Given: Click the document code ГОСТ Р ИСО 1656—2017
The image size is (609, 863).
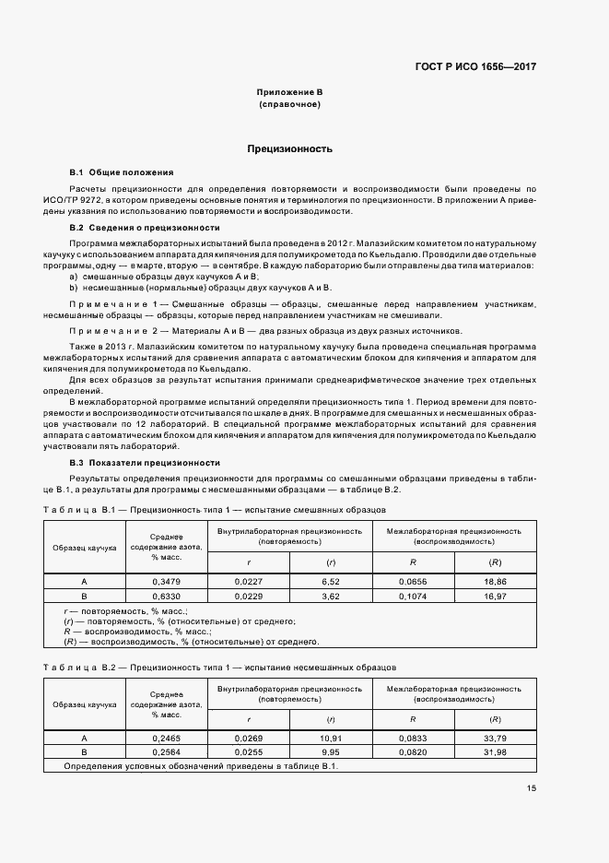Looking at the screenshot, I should [x=475, y=67].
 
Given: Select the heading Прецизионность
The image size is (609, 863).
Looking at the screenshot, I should [x=289, y=148].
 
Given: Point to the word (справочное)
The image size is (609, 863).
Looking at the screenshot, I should [x=289, y=106].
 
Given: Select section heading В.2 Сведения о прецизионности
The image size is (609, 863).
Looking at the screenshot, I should [x=145, y=227].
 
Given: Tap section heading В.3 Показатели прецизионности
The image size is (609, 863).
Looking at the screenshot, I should [x=145, y=462].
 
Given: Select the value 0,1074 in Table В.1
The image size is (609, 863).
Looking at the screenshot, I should [x=414, y=597].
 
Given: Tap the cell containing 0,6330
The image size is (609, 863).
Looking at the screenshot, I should [x=167, y=597].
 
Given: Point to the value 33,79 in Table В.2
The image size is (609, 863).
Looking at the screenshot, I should [x=495, y=738].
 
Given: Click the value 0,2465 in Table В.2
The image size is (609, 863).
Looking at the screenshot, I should [x=167, y=738].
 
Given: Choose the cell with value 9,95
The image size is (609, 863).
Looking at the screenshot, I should [x=331, y=751].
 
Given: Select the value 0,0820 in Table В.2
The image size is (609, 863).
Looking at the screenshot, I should [x=414, y=751].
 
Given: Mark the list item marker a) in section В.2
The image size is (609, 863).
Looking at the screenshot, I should [x=74, y=277].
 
